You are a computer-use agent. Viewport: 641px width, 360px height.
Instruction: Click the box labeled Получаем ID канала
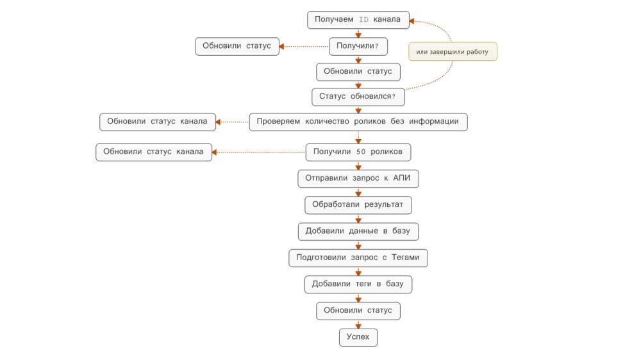click(x=358, y=20)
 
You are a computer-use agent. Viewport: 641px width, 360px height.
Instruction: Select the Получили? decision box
click(x=358, y=46)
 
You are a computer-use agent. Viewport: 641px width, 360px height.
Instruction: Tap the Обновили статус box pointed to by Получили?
click(x=237, y=46)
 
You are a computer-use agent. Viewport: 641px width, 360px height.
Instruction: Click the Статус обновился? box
click(x=358, y=97)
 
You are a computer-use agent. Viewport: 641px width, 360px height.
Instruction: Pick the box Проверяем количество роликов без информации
click(x=358, y=122)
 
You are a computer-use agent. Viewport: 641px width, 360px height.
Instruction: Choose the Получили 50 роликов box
click(x=358, y=152)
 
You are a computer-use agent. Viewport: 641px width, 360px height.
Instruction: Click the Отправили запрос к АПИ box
click(x=358, y=179)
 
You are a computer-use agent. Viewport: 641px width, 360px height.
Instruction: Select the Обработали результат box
click(x=358, y=205)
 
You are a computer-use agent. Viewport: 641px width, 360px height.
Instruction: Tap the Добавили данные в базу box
click(x=358, y=231)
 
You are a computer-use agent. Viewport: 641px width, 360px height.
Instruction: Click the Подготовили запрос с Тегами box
click(x=358, y=258)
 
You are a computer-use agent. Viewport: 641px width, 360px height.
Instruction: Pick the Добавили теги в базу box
click(x=358, y=284)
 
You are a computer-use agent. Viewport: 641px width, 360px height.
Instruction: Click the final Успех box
click(x=358, y=337)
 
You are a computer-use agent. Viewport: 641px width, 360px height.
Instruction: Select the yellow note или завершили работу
click(x=453, y=51)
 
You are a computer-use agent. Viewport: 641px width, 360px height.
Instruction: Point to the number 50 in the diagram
click(x=360, y=152)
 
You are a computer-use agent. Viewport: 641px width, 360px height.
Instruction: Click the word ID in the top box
click(x=363, y=20)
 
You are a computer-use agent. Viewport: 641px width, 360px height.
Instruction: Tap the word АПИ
click(x=401, y=177)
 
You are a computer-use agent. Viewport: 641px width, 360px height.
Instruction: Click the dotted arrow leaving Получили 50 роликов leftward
click(x=259, y=152)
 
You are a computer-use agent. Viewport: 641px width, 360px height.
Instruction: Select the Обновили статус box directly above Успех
click(x=358, y=311)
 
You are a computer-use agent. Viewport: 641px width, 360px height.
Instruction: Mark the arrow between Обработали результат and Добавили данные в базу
click(x=358, y=218)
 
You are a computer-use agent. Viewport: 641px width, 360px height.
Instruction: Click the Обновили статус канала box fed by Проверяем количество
click(x=158, y=122)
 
